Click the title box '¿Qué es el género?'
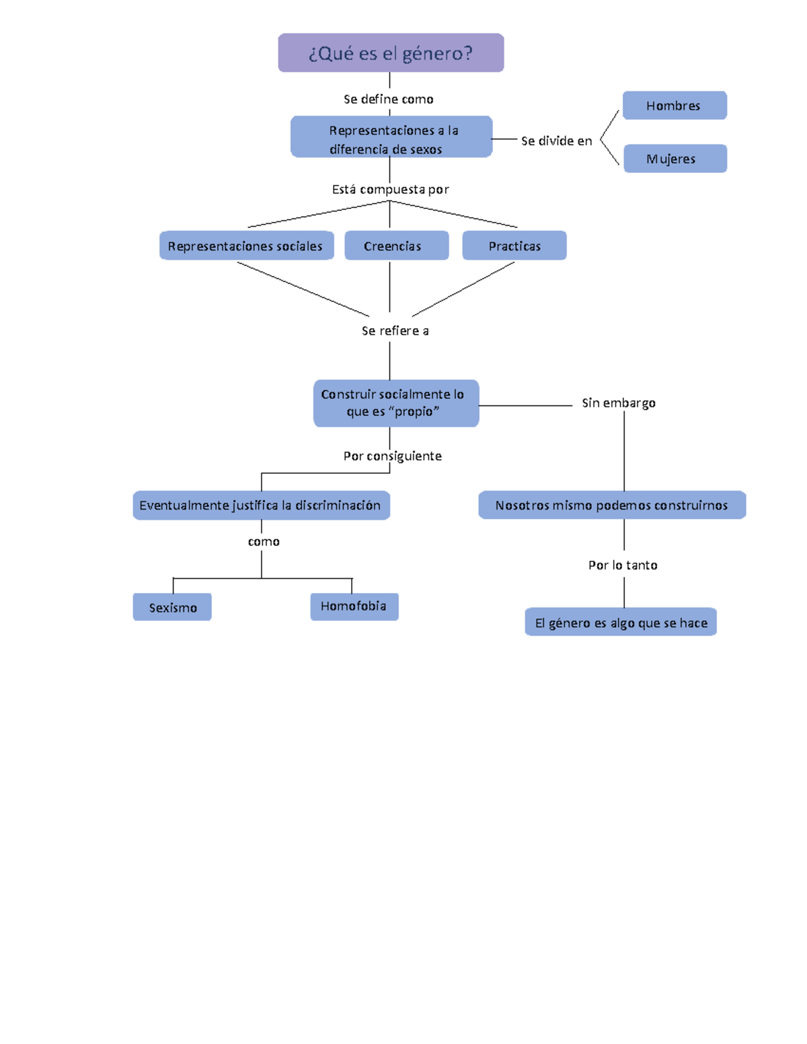tap(391, 53)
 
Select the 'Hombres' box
tap(675, 106)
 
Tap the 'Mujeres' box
tap(675, 159)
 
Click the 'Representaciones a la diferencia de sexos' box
tap(391, 137)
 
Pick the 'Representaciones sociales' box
tap(246, 246)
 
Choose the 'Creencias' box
tap(396, 246)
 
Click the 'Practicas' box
tap(514, 246)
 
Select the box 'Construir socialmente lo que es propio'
tap(396, 403)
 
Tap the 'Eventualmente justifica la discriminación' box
tap(261, 506)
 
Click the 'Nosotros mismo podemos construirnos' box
tap(612, 506)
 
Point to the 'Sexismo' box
tap(172, 607)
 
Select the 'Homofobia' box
tap(354, 606)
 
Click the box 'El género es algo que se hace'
tap(621, 623)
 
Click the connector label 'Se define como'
tap(389, 99)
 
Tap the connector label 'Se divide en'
tap(556, 141)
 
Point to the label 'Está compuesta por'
tap(390, 190)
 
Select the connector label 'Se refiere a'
tap(395, 331)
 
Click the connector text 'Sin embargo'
tap(619, 403)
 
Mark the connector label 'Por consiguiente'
tap(393, 456)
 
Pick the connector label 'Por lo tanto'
tap(623, 565)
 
